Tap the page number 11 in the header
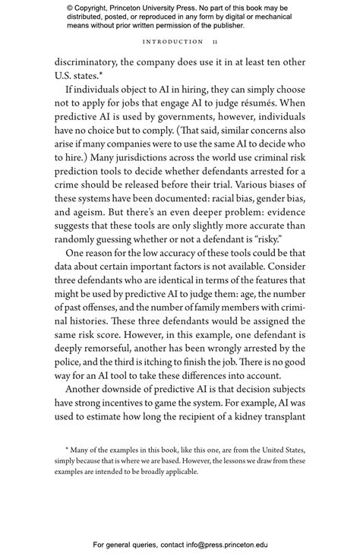tap(216, 42)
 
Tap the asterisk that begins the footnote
tap(68, 450)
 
